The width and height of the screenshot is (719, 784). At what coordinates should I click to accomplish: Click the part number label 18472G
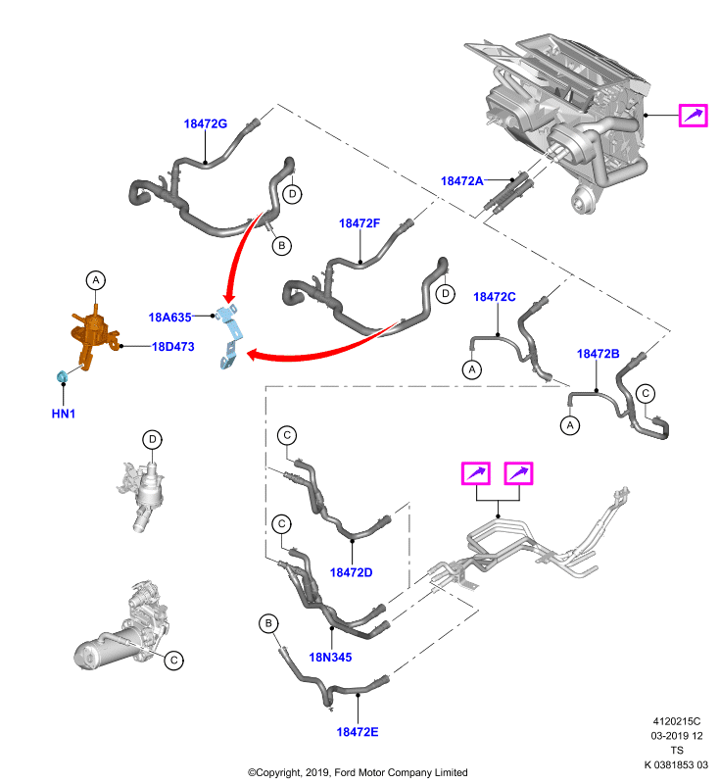tap(206, 123)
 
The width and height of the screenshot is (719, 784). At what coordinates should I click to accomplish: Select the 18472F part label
tap(359, 223)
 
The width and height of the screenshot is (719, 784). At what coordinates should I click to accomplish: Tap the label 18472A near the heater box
tap(461, 181)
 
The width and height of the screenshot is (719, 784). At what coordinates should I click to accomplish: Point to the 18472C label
tap(494, 297)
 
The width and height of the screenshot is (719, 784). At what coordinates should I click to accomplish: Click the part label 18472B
tap(599, 354)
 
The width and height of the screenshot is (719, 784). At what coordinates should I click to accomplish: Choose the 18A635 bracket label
tap(169, 317)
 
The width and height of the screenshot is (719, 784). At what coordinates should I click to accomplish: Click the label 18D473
tap(172, 347)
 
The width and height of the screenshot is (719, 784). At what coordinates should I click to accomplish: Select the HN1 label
tap(64, 414)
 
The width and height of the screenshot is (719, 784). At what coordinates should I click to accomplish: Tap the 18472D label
tap(352, 572)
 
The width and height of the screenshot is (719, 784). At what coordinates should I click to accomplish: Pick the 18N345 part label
tap(330, 657)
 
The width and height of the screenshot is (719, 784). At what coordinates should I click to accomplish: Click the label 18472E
tap(358, 731)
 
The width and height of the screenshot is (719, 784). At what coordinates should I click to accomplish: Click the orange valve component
tap(92, 335)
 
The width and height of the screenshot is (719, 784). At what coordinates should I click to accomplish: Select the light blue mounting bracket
tap(230, 336)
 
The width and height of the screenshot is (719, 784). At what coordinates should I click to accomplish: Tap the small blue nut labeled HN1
tap(62, 376)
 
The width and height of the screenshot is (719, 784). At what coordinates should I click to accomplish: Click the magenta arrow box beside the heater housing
tap(693, 116)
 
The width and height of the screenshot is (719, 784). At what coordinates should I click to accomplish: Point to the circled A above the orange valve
tap(96, 280)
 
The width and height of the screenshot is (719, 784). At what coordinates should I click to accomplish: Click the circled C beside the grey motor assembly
tap(174, 660)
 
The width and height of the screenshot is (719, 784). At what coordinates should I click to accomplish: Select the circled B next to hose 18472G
tap(282, 246)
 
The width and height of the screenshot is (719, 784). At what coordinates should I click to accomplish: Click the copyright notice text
tap(358, 772)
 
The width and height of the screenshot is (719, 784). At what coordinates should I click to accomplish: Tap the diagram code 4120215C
tap(677, 721)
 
